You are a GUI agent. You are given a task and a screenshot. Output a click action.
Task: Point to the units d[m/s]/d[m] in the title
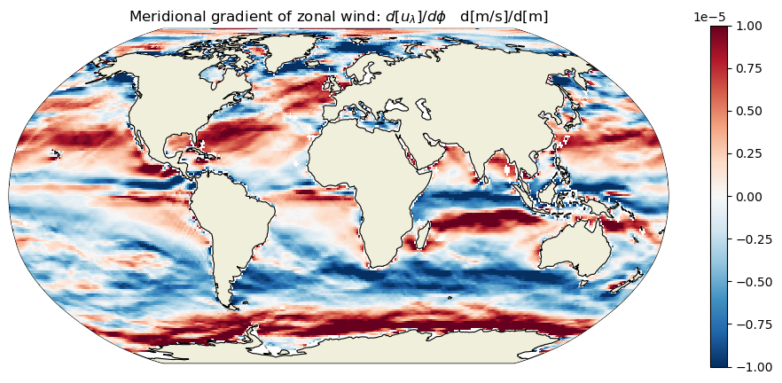504,17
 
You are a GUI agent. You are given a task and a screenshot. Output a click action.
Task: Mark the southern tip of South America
230,305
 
